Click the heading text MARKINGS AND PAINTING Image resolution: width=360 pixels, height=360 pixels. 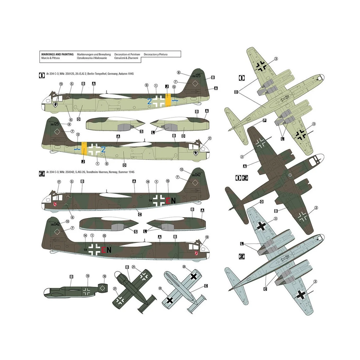(57, 54)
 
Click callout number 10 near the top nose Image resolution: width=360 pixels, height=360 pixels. (61, 84)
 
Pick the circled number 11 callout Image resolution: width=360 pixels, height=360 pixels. (210, 138)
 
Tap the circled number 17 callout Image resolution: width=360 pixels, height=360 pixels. (59, 182)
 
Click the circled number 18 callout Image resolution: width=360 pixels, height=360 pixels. (104, 276)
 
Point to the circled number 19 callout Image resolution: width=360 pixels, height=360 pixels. (88, 276)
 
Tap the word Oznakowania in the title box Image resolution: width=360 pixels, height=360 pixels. (85, 58)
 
